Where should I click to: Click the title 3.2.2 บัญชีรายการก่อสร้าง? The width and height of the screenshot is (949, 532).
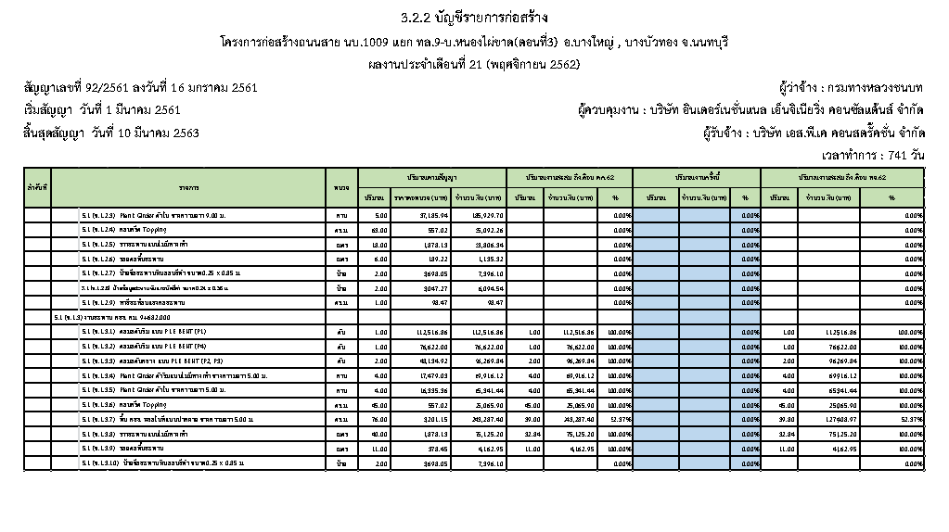[x=474, y=18]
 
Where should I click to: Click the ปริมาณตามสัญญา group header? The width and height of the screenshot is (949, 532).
[x=431, y=176]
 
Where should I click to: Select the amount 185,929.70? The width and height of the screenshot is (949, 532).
[x=483, y=214]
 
